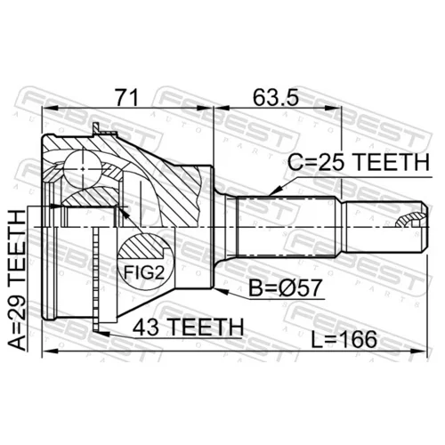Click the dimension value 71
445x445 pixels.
pos(127,98)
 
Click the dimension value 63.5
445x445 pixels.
pos(275,98)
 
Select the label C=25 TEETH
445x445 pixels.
pos(359,162)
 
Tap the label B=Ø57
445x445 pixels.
pos(285,287)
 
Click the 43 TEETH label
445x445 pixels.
pos(188,327)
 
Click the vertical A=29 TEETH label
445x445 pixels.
pos(17,280)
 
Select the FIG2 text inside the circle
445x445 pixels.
pos(144,272)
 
